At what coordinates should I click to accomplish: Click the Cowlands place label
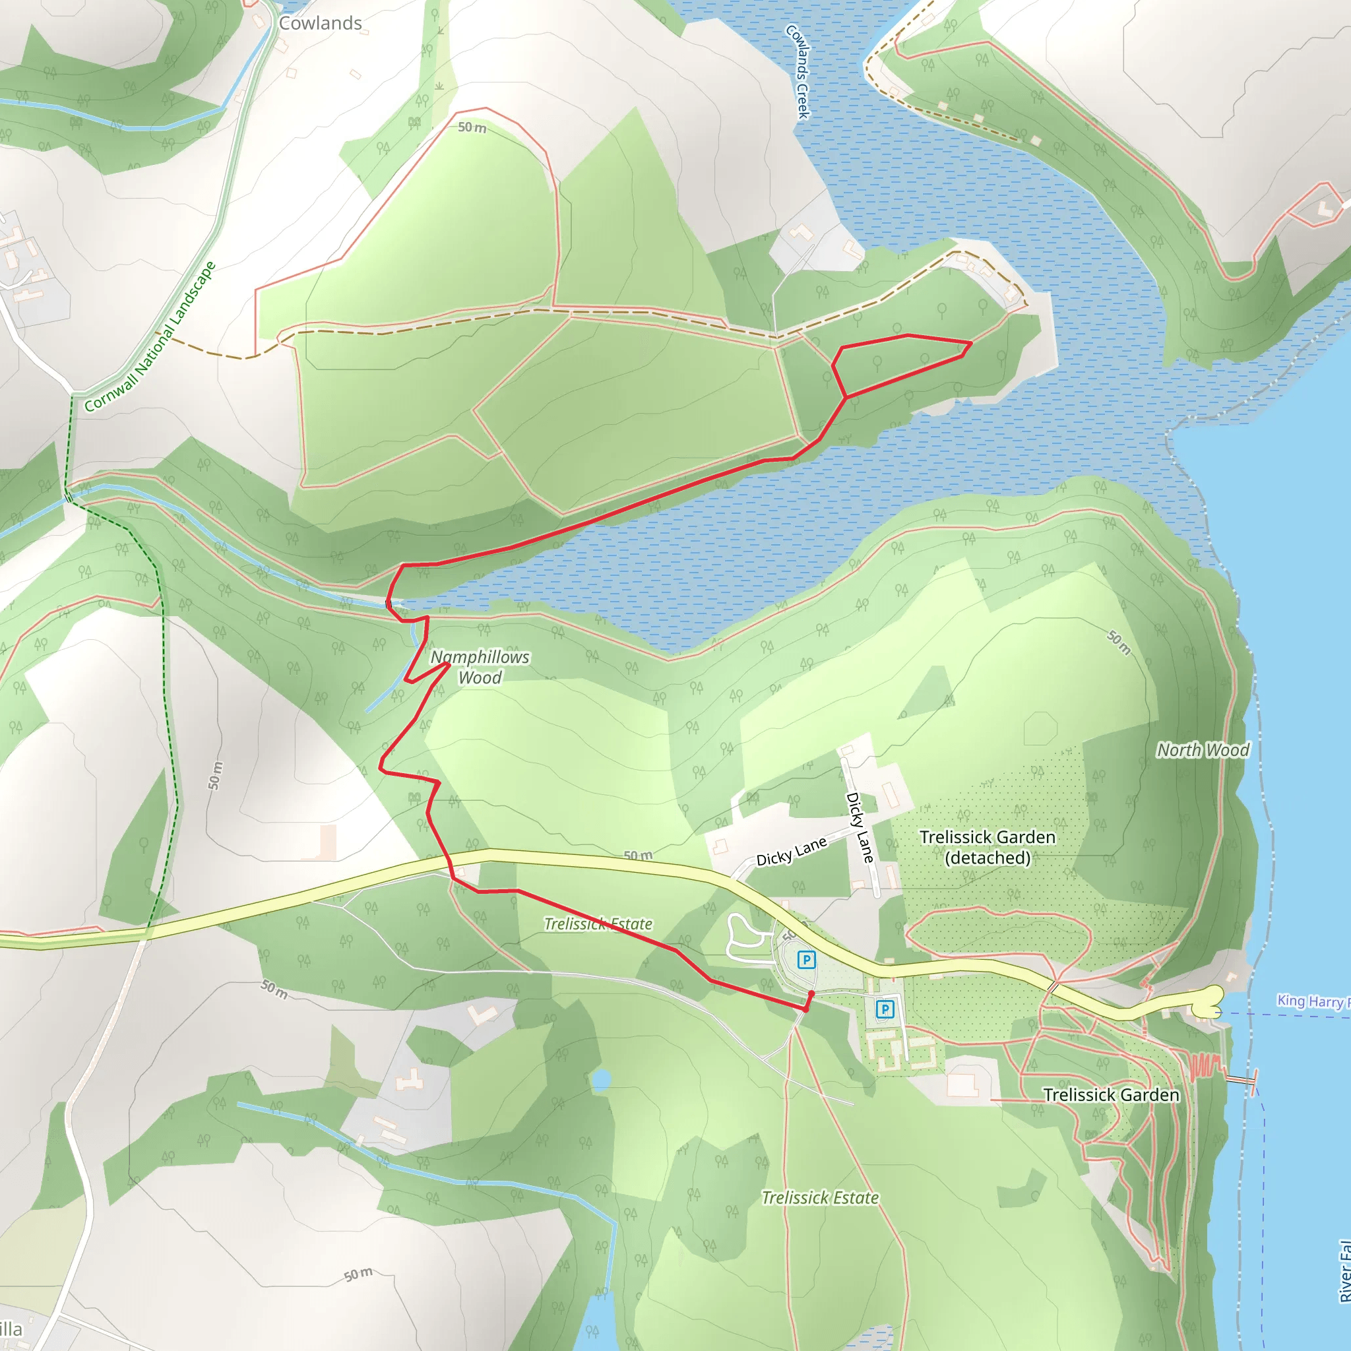point(320,23)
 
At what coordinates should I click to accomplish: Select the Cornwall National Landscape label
point(150,337)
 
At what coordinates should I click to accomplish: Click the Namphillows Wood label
point(480,667)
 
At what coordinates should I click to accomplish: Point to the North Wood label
point(1203,750)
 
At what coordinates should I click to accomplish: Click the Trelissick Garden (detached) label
point(988,847)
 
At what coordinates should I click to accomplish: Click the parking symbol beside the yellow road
point(806,960)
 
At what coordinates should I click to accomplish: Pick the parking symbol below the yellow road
point(885,1009)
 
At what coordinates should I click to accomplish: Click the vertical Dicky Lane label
point(860,827)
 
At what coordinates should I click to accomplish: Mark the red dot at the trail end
point(811,993)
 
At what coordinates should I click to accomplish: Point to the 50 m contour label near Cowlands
point(472,127)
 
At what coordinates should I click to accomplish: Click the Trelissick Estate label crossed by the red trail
point(598,924)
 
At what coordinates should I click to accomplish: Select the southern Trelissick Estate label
point(819,1198)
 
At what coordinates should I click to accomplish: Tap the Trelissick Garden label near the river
point(1110,1095)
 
